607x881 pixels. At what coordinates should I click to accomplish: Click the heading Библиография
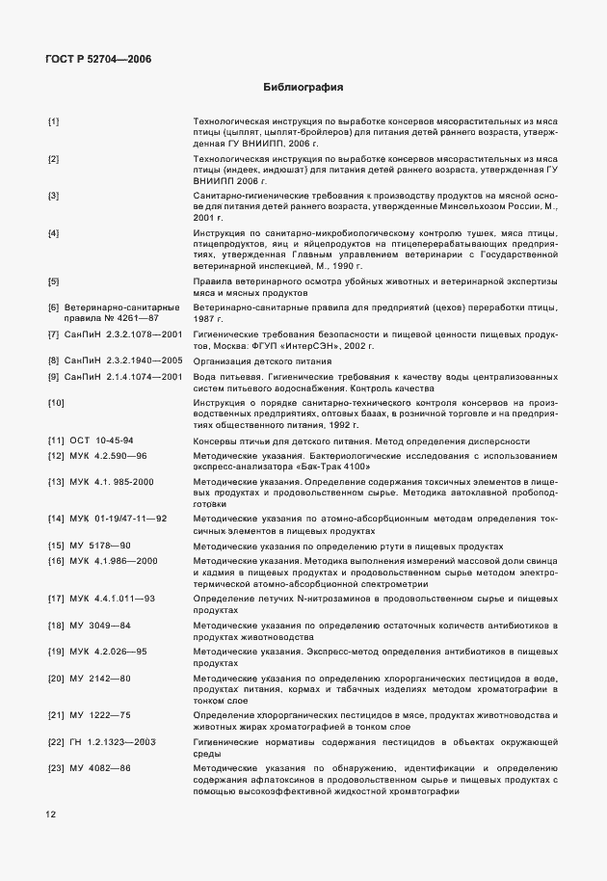click(x=303, y=88)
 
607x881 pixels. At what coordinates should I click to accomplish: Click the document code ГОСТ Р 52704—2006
click(x=98, y=59)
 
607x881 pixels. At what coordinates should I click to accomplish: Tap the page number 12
click(x=51, y=814)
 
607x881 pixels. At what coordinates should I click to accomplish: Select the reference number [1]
click(x=54, y=120)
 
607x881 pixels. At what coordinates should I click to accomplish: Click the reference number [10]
click(x=56, y=402)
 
